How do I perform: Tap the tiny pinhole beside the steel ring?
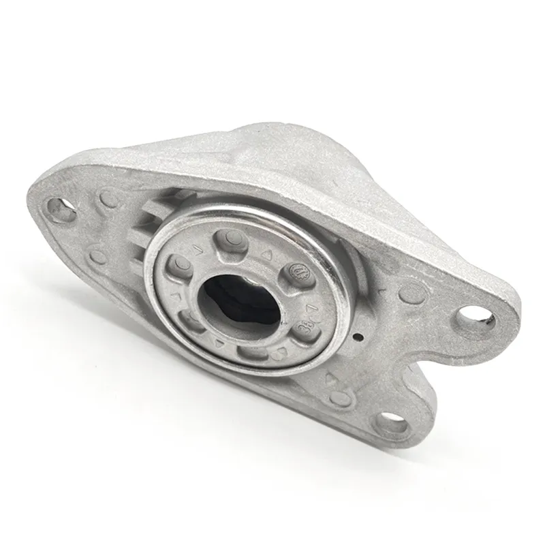pyautogui.click(x=360, y=337)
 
